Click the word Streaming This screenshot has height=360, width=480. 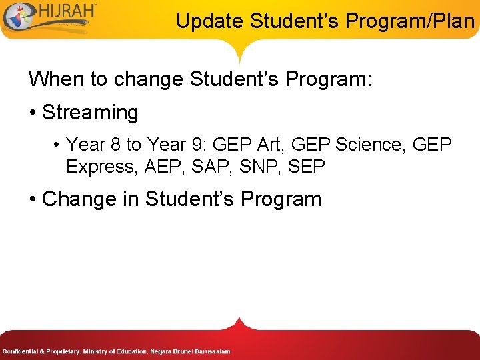(90, 113)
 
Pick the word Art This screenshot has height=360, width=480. (268, 145)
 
